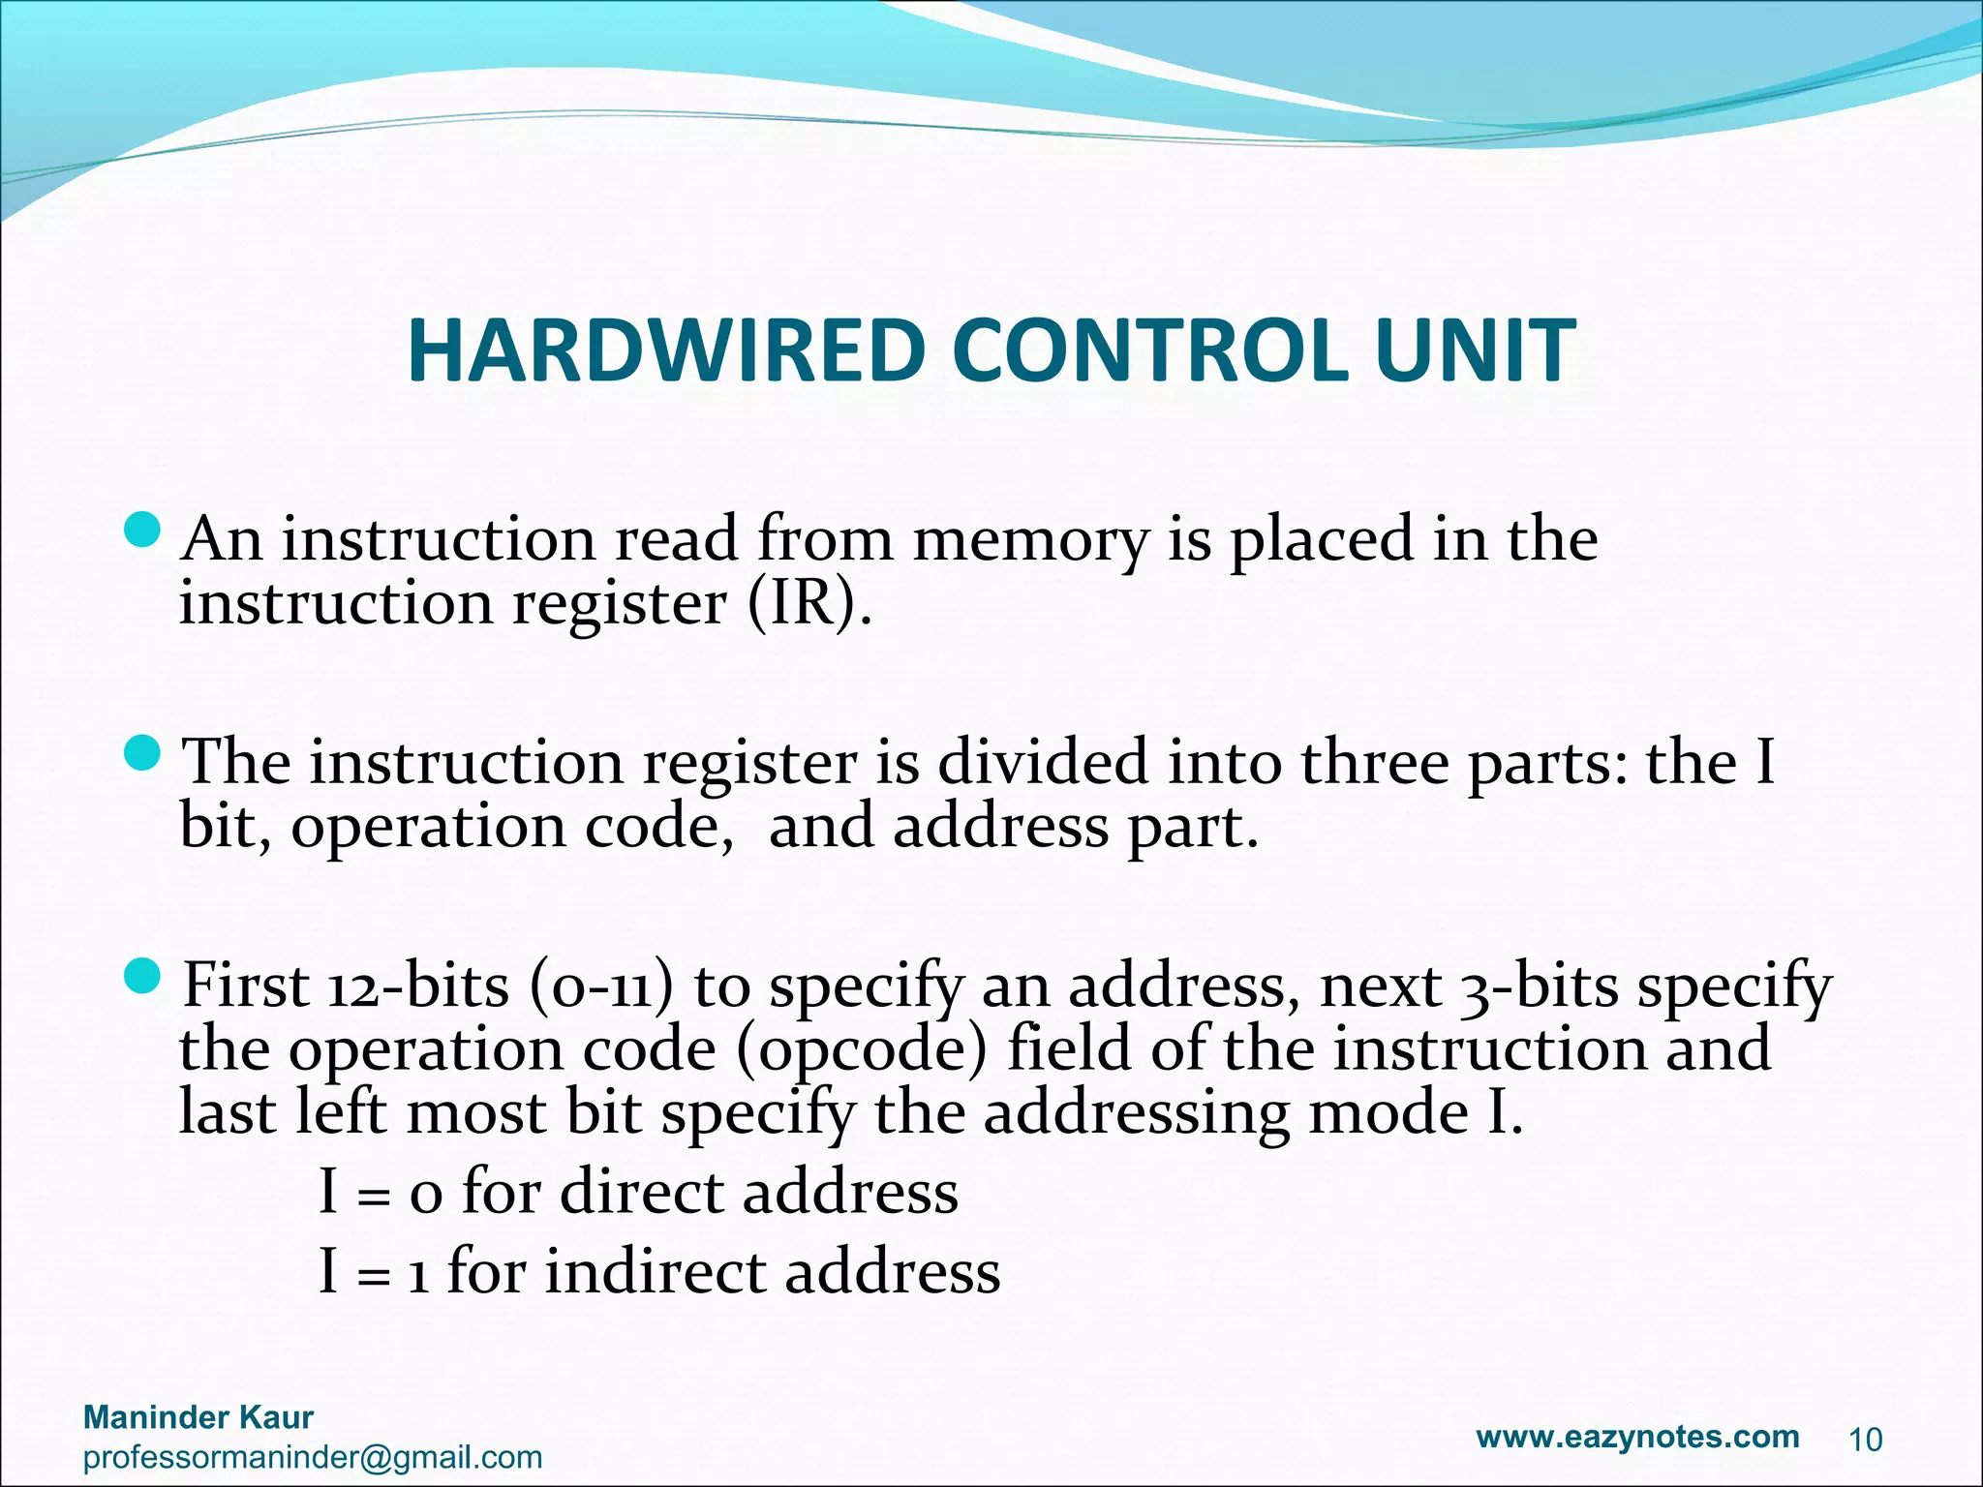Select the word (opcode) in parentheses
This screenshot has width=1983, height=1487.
(x=862, y=1050)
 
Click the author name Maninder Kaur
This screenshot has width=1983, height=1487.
(x=198, y=1417)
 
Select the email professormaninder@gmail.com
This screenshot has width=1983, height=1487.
(x=313, y=1457)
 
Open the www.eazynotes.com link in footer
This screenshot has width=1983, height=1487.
(x=1637, y=1436)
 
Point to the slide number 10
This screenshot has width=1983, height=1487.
(x=1866, y=1441)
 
